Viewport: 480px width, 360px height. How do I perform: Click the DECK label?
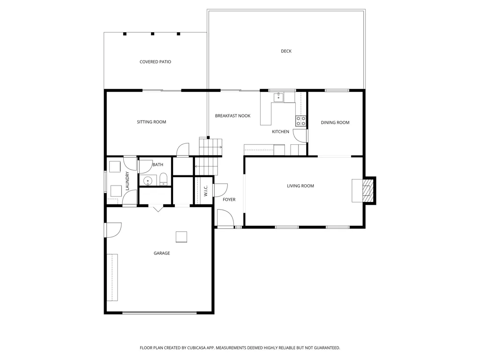[x=286, y=51]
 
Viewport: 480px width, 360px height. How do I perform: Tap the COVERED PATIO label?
[x=155, y=62]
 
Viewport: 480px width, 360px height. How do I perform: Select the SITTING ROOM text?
[x=151, y=122]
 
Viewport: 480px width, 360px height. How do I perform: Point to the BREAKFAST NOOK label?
[x=232, y=116]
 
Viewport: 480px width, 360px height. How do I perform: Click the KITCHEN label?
[x=280, y=132]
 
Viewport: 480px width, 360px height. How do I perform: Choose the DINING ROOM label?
[x=335, y=122]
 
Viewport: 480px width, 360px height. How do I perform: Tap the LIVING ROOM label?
[x=300, y=186]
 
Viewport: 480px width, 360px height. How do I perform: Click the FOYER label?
[x=229, y=200]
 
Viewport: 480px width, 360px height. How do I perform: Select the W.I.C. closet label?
[x=206, y=191]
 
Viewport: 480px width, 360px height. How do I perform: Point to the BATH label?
[x=157, y=165]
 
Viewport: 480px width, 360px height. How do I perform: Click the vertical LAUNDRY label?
[x=127, y=181]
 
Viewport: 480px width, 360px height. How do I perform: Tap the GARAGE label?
[x=162, y=253]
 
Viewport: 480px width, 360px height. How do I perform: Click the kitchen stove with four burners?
[x=300, y=120]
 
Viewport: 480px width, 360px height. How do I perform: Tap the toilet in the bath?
[x=164, y=180]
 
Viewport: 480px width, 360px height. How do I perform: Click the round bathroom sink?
[x=148, y=180]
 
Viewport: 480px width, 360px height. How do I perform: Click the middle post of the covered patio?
[x=152, y=34]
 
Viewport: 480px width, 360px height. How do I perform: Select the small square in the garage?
[x=181, y=237]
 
